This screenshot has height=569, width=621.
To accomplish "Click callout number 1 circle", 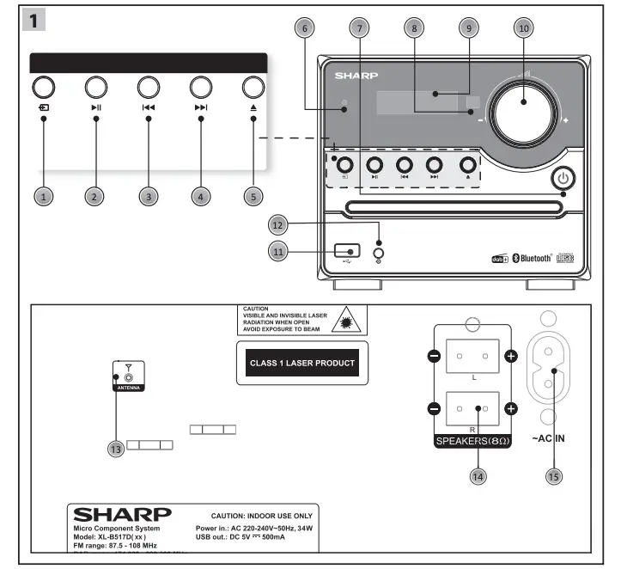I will coord(45,197).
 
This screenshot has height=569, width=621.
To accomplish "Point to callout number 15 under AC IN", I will coord(554,475).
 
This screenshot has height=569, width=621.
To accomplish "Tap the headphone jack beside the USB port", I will coord(379,252).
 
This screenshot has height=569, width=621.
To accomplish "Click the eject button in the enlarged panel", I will coord(253,87).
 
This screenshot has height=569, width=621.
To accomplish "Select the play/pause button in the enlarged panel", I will coord(94,87).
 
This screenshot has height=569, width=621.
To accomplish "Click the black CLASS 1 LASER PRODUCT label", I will coord(301,363).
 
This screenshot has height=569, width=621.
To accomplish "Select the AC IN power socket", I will coord(553,370).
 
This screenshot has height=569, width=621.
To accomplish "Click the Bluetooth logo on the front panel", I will coord(544,257).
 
